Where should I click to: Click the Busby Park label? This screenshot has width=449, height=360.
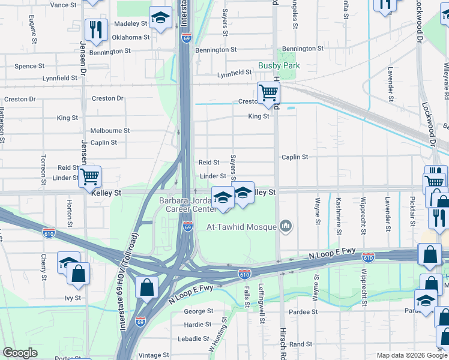(279, 65)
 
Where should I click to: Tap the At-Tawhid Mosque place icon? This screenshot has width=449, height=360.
(286, 226)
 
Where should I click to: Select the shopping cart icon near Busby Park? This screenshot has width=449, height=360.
(268, 93)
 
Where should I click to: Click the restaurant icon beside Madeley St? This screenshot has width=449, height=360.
(95, 29)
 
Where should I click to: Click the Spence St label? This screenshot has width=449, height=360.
(29, 66)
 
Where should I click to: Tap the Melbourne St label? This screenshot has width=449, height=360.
(110, 130)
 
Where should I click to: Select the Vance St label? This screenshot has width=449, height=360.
(64, 5)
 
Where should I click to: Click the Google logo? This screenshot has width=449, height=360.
(20, 353)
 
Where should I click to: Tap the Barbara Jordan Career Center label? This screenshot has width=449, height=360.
(187, 205)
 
